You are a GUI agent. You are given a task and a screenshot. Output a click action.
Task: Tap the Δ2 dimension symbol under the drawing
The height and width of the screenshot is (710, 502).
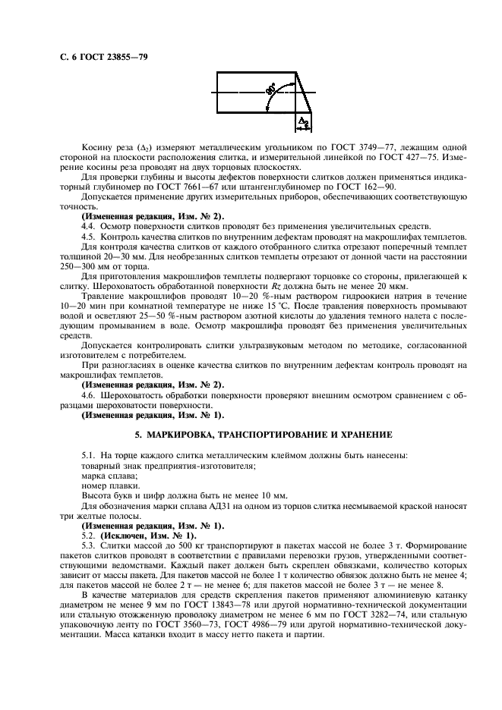[302, 121]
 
